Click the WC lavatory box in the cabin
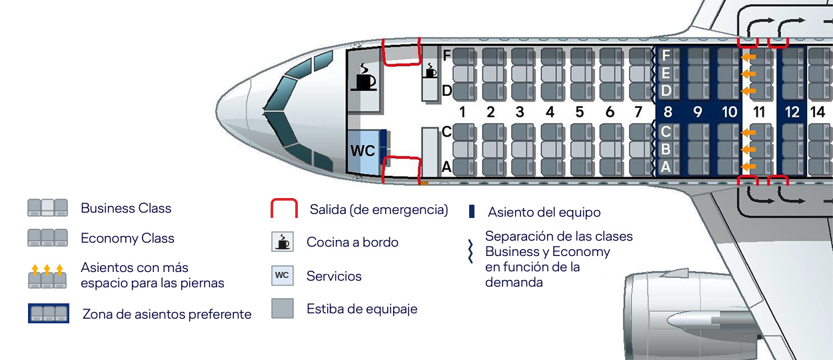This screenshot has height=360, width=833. click(363, 151)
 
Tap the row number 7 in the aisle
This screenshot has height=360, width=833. click(638, 111)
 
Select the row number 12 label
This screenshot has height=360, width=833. click(792, 111)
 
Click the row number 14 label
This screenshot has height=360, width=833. click(818, 111)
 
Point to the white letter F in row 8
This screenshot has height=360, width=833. click(666, 55)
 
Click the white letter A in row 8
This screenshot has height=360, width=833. click(666, 167)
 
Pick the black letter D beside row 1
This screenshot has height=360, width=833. click(447, 90)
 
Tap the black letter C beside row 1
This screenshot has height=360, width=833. click(447, 132)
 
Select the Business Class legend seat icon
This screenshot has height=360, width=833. click(47, 208)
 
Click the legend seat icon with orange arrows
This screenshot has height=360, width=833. click(47, 277)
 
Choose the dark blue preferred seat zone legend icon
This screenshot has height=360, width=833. click(48, 313)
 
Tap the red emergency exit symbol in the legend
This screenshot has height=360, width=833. click(283, 209)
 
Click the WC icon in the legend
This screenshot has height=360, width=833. click(283, 275)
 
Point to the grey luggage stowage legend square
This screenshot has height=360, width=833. click(283, 308)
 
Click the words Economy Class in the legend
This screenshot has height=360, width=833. click(127, 238)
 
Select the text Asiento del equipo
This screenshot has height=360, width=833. click(544, 212)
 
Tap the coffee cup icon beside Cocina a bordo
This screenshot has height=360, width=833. click(283, 241)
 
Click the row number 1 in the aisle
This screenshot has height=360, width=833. click(461, 111)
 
